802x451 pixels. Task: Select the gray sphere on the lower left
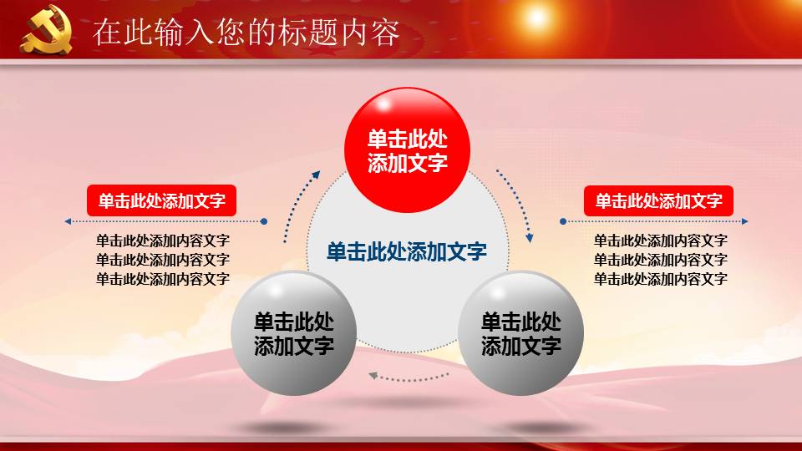tap(294, 333)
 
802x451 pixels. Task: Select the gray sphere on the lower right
tap(521, 333)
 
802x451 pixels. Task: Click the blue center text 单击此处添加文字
tap(407, 251)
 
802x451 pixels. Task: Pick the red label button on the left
tap(162, 201)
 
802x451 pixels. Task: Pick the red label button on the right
tap(658, 201)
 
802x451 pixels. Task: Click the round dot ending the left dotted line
tap(264, 221)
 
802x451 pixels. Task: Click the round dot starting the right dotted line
tap(563, 221)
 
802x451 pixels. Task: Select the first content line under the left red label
tap(162, 241)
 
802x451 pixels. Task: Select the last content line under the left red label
tap(162, 279)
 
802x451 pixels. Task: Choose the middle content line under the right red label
tap(660, 260)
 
